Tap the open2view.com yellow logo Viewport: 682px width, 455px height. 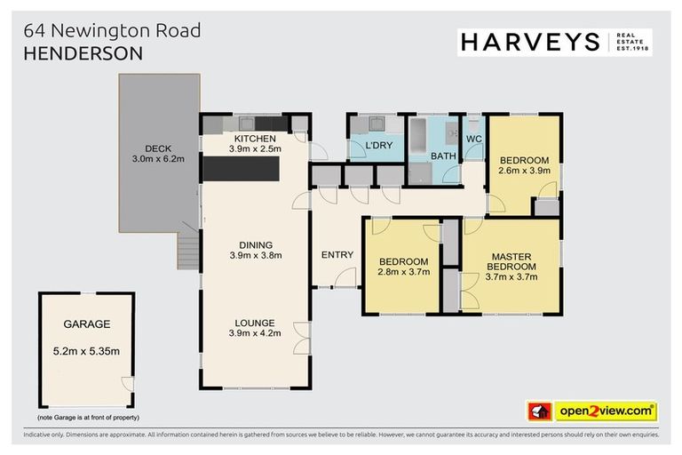tap(606, 411)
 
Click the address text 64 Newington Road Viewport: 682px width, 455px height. tap(113, 30)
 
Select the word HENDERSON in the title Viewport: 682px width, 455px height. tap(83, 53)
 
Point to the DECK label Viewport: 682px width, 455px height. tap(158, 148)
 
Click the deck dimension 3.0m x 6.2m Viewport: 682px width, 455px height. tap(158, 159)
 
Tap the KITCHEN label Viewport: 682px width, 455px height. tap(255, 139)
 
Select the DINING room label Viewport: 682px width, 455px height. tap(255, 245)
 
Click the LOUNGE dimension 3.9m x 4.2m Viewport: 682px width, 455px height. tap(255, 334)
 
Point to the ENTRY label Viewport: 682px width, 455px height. tap(337, 255)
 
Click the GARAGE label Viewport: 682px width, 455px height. tap(86, 324)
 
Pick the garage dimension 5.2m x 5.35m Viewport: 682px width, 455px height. tap(86, 351)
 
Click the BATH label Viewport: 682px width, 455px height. tap(442, 156)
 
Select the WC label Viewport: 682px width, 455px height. tap(473, 139)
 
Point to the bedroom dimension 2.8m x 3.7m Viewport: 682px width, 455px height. tap(404, 272)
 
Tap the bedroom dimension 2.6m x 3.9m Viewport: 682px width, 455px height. tap(525, 170)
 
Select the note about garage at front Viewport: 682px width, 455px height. tap(88, 417)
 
